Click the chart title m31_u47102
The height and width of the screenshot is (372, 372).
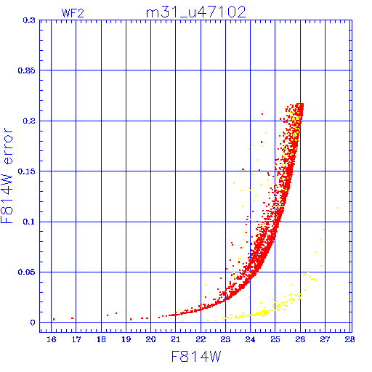[x=196, y=12]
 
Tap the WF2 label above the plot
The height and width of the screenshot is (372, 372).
[x=73, y=13]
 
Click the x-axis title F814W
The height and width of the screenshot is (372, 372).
[x=196, y=357]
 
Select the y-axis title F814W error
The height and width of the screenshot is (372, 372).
[x=7, y=176]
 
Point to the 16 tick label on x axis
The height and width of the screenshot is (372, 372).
[x=52, y=339]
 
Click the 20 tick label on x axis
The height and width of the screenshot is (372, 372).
[x=150, y=339]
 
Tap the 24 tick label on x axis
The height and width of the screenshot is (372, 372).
[x=250, y=339]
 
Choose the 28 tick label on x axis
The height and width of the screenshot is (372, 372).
[x=349, y=339]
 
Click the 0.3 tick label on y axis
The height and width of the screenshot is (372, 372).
[x=29, y=20]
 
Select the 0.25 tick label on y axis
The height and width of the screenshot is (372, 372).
[x=27, y=70]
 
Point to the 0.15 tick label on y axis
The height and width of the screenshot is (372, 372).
[x=27, y=171]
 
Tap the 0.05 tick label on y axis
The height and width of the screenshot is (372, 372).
[x=27, y=272]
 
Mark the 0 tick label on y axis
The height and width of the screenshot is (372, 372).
[x=33, y=323]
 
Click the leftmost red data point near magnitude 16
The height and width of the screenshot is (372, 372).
[x=54, y=320]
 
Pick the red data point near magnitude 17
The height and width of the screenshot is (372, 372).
[x=72, y=318]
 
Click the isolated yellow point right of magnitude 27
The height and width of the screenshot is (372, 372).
[x=338, y=208]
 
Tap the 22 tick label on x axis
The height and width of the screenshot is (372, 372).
[x=201, y=339]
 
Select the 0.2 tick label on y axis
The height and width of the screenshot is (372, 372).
[x=29, y=121]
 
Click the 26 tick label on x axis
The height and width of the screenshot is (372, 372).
[x=300, y=339]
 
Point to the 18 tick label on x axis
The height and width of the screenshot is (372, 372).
[x=101, y=339]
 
